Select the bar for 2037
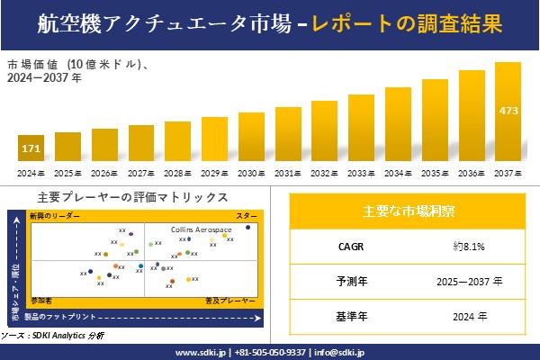(x=508, y=112)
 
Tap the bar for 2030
(x=251, y=137)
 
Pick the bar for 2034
(x=399, y=124)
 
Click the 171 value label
(x=31, y=146)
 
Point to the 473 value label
(x=508, y=112)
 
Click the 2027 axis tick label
(x=141, y=173)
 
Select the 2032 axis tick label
(x=325, y=173)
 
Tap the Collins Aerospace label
(x=202, y=230)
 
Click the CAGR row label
(x=346, y=246)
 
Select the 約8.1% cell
(x=470, y=246)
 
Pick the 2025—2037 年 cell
(x=470, y=282)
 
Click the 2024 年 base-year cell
(x=470, y=317)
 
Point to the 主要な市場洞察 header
(x=408, y=211)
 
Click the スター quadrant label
(x=247, y=217)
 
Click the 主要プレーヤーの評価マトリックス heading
(x=132, y=197)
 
